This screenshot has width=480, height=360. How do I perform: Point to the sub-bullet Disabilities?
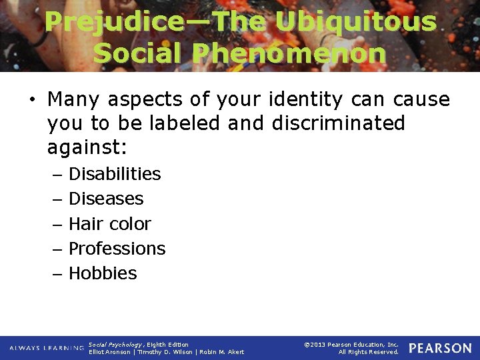tap(115, 174)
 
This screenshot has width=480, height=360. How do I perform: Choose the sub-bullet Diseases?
tap(106, 199)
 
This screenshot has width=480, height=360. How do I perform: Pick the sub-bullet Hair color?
tap(110, 223)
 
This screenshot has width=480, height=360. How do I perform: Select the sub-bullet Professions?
tap(117, 249)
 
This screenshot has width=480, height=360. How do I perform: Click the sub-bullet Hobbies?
tap(103, 273)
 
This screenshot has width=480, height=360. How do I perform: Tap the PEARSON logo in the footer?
tap(440, 348)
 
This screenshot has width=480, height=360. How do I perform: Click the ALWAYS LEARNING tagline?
tap(47, 348)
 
